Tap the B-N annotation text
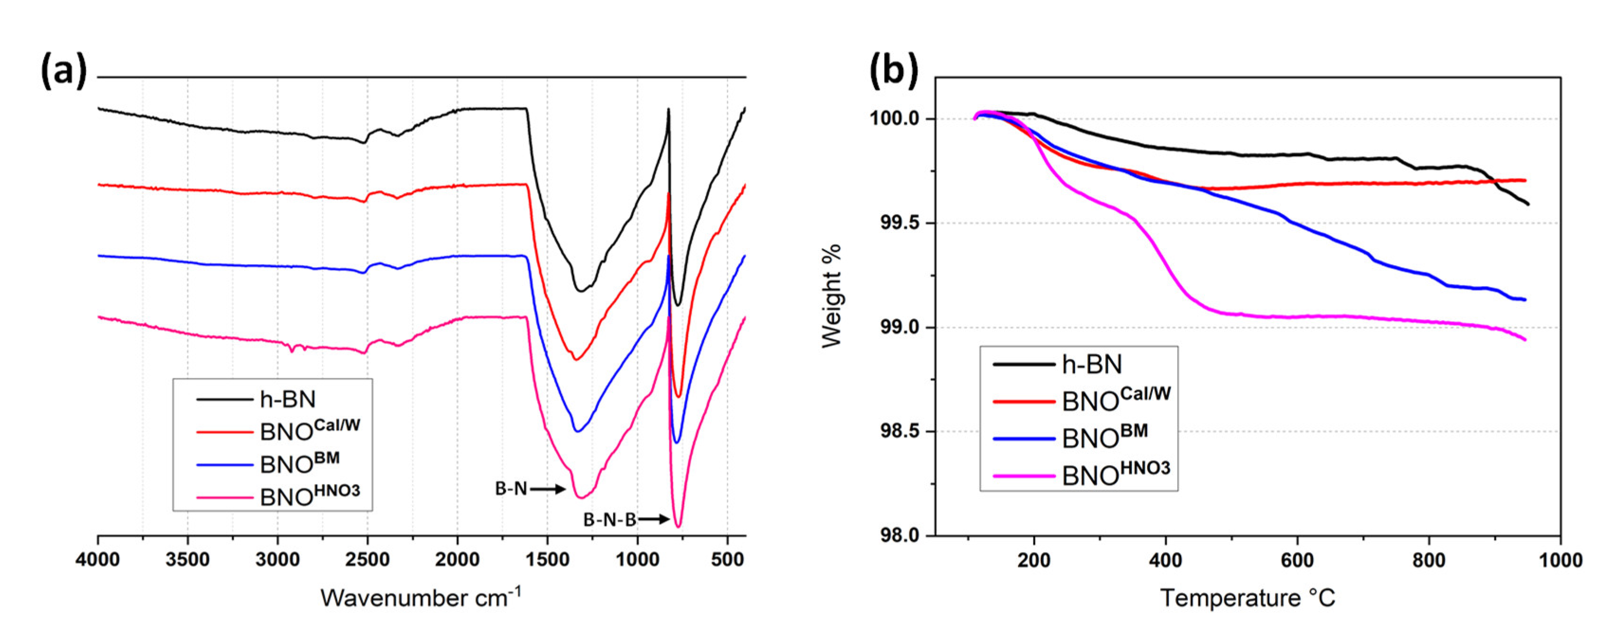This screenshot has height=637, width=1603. [510, 489]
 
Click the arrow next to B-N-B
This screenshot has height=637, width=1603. [654, 519]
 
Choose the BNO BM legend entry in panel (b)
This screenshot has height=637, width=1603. [1104, 437]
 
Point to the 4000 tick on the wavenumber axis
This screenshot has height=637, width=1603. [98, 559]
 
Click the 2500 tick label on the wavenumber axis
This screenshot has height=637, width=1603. [367, 559]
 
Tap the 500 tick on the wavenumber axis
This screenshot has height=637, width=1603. [727, 559]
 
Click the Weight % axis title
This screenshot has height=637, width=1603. [831, 296]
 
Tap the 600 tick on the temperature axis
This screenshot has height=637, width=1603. [1297, 560]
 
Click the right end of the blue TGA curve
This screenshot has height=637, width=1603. [1525, 300]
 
